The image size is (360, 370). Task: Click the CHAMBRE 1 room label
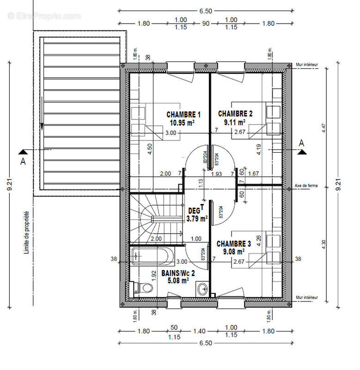click(x=183, y=114)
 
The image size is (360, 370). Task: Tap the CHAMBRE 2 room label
click(x=235, y=113)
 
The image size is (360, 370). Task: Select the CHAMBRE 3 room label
click(x=233, y=244)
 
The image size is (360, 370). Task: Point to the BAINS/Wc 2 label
click(x=178, y=273)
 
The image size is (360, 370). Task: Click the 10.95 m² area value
click(x=182, y=123)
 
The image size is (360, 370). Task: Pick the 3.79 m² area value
click(x=196, y=218)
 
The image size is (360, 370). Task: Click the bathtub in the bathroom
click(x=153, y=256)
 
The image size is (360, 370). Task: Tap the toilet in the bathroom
click(x=145, y=288)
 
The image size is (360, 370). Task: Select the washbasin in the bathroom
click(x=202, y=290)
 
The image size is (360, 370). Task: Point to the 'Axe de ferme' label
click(x=305, y=186)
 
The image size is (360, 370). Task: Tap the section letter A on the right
click(x=302, y=143)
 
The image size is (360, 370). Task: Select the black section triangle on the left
click(x=23, y=151)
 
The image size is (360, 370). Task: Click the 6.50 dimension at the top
click(x=205, y=5)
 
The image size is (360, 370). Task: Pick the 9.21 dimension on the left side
click(x=10, y=185)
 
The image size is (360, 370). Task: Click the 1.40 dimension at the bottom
click(x=199, y=331)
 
